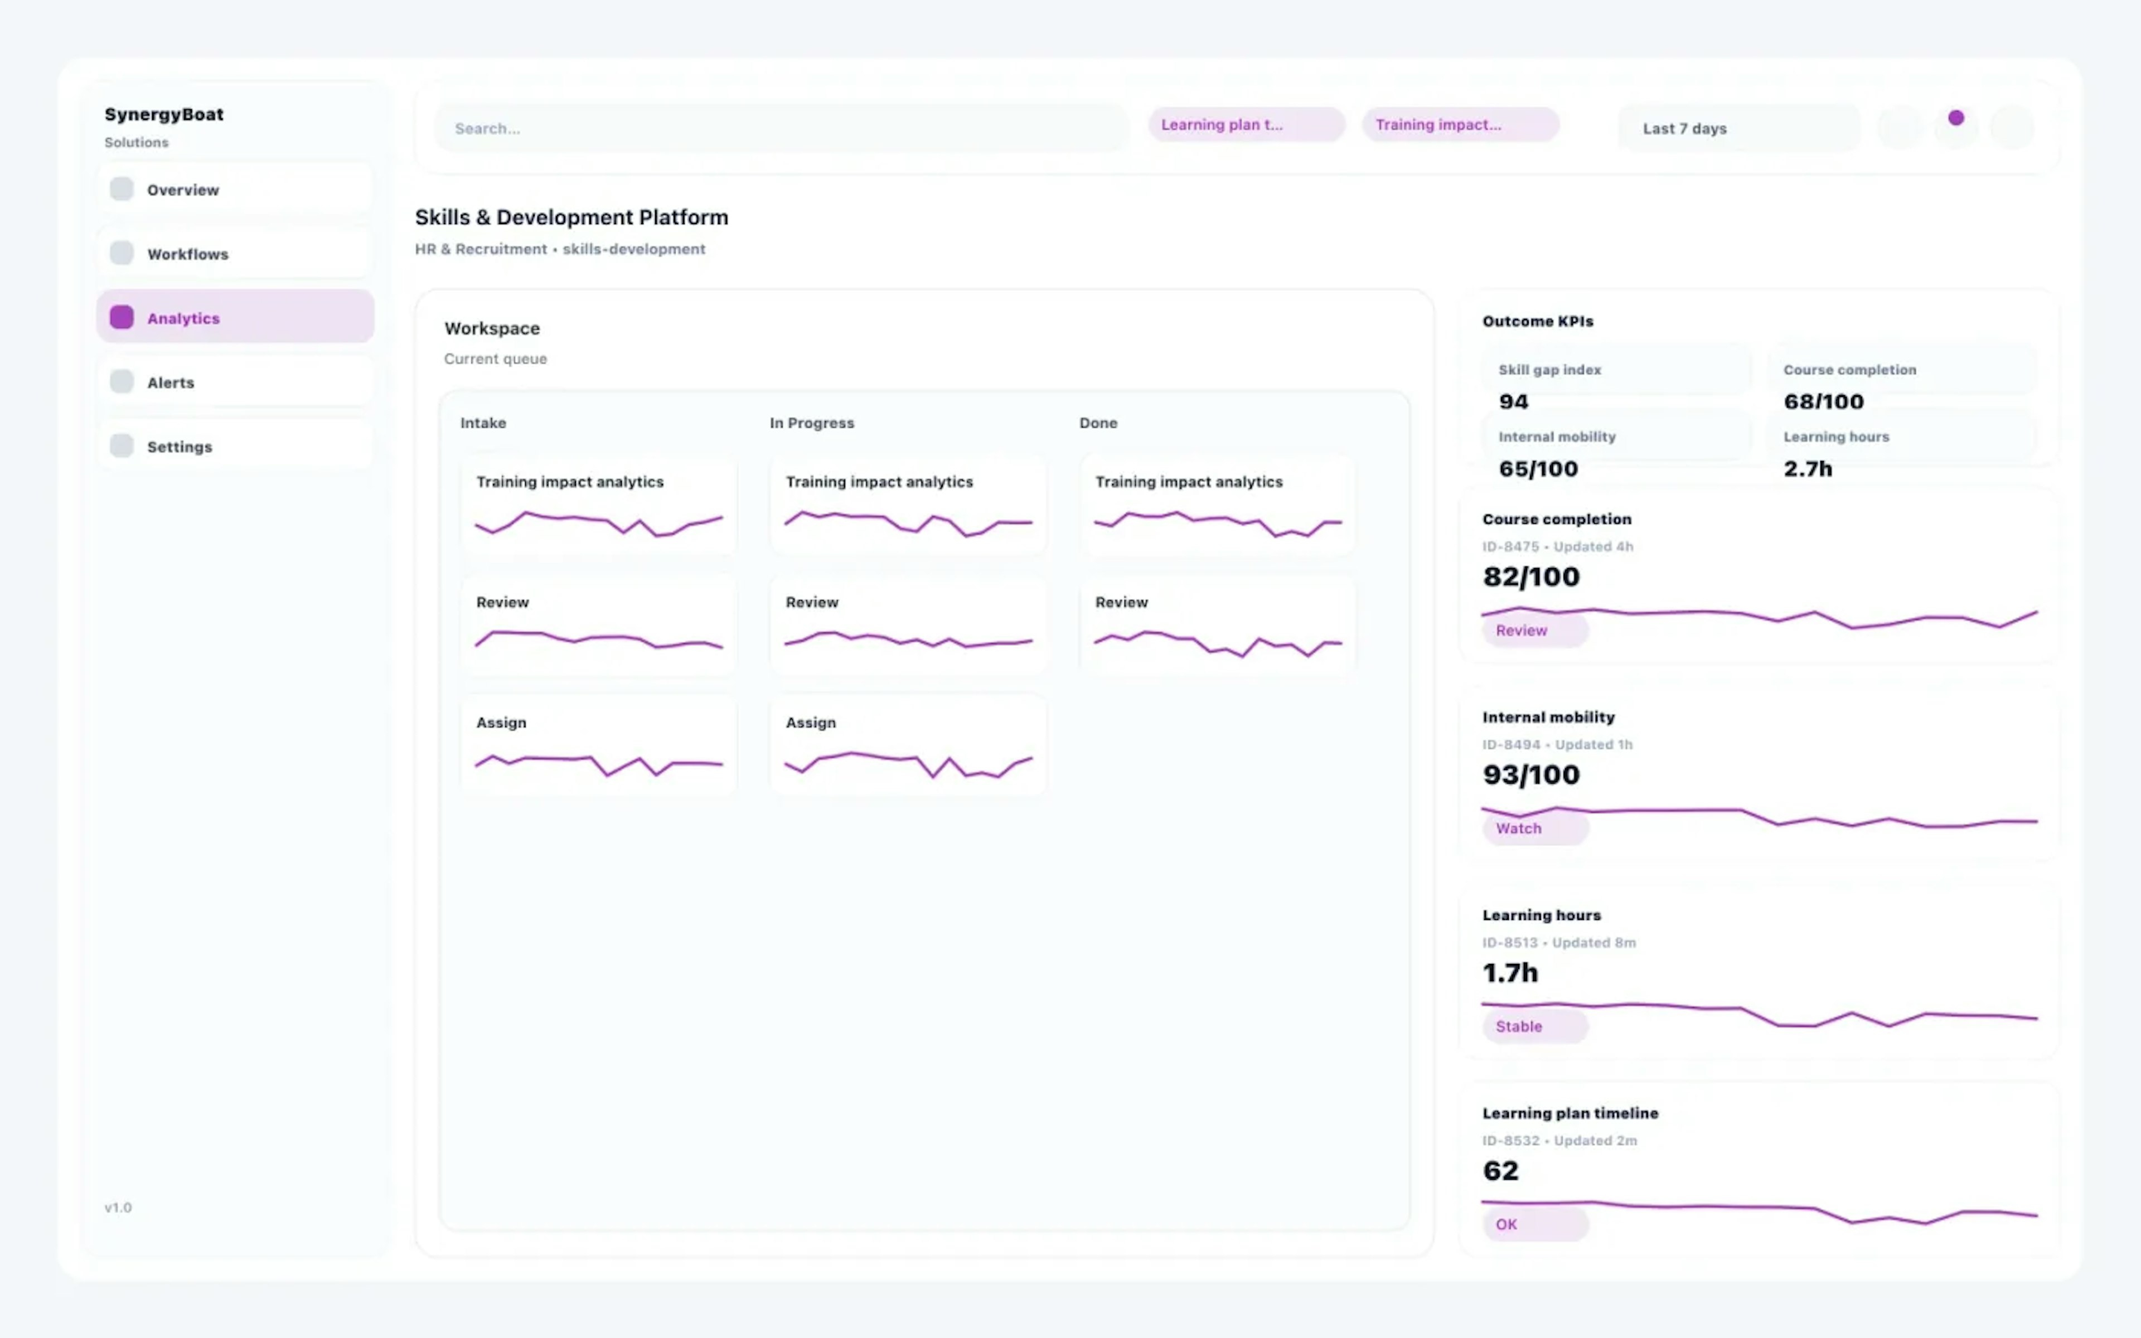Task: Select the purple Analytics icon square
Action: [121, 318]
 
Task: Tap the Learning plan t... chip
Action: [1246, 125]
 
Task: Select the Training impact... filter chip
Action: [1460, 125]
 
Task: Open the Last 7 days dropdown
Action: [1737, 128]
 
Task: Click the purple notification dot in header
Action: [1956, 118]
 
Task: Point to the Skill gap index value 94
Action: [1513, 402]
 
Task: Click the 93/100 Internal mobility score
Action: [1530, 775]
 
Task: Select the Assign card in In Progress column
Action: [908, 745]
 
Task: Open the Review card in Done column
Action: [1217, 625]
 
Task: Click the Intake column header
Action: [483, 423]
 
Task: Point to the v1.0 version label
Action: [118, 1208]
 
